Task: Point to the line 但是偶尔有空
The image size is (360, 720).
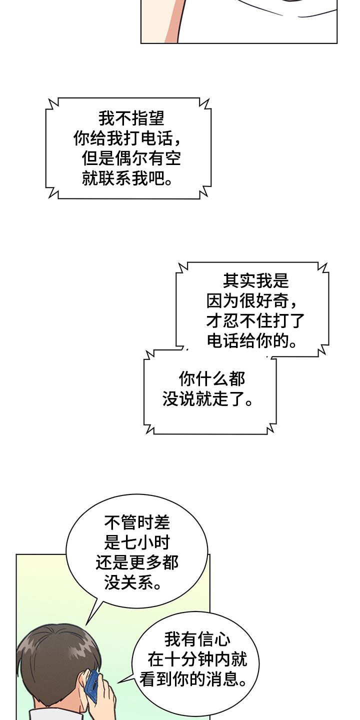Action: click(131, 158)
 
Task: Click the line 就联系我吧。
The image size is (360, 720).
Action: click(127, 178)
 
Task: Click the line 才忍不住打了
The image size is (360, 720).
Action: click(255, 320)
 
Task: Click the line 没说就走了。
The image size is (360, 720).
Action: click(207, 399)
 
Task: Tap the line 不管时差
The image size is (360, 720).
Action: click(137, 523)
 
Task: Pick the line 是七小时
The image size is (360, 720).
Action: click(137, 543)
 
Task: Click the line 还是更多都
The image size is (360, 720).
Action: click(137, 563)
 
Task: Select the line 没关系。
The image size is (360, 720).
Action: click(133, 583)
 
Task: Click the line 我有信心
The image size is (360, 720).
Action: click(197, 639)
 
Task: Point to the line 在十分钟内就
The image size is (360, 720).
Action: click(197, 660)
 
